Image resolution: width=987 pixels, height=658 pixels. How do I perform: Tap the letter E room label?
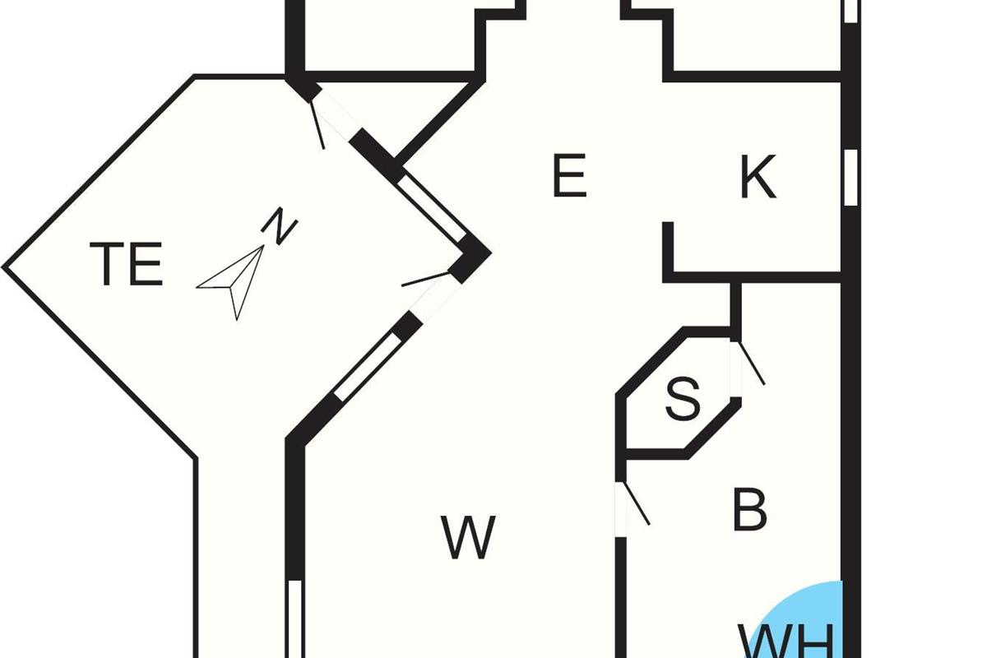569,177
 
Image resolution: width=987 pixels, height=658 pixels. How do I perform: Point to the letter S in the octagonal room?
682,401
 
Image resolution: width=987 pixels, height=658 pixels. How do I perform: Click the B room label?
749,510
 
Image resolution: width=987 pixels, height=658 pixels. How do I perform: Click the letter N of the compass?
280,227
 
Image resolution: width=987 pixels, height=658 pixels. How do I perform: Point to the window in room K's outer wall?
851,174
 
